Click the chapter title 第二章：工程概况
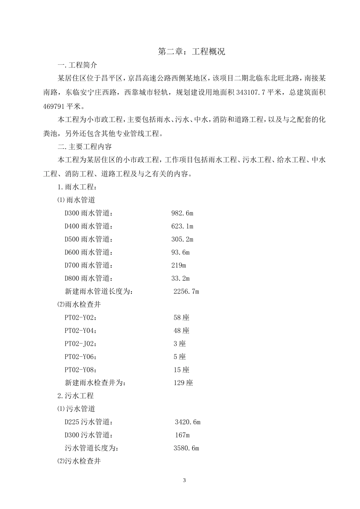coord(191,52)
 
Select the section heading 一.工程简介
coord(77,65)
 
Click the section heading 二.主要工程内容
coord(85,147)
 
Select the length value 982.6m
coord(182,213)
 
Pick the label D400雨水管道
coord(89,226)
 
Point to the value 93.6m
coord(180,253)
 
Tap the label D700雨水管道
coord(89,265)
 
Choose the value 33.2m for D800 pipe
coord(180,279)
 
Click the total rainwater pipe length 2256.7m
coord(186,292)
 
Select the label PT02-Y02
coord(80,318)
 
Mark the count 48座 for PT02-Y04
coord(181,331)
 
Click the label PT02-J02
coord(80,344)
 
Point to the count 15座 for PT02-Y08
coord(181,370)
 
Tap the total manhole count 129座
coord(183,383)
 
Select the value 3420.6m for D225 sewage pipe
coord(187,422)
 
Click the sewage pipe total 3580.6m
coord(186,448)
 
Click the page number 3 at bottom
coord(185,481)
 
